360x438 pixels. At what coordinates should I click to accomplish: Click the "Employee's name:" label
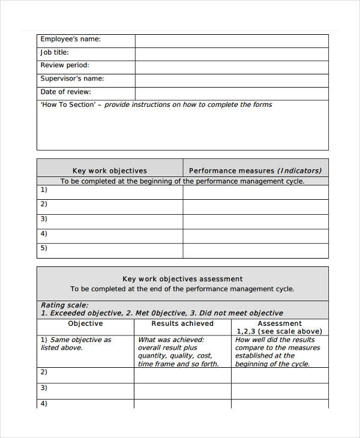tap(70, 40)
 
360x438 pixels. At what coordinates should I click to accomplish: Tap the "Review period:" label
tap(65, 65)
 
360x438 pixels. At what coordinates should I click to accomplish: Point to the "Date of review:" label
tap(65, 92)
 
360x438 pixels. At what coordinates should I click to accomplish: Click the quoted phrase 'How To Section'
tap(68, 105)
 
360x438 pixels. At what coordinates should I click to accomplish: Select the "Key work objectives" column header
tap(109, 170)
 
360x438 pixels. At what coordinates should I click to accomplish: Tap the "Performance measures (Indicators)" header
tap(256, 170)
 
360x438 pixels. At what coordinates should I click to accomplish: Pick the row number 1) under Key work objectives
tap(44, 190)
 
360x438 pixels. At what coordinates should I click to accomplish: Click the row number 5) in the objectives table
tap(44, 248)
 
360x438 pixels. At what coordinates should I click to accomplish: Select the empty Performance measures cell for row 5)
tap(256, 251)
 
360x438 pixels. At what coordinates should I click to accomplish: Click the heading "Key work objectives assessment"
tap(182, 279)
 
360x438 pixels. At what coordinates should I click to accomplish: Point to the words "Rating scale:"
tap(64, 305)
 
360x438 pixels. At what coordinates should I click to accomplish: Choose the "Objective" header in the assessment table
tap(85, 323)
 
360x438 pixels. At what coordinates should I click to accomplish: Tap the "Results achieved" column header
tap(182, 323)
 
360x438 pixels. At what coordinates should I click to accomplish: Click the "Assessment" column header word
tap(280, 323)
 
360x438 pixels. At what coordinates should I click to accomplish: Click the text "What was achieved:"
tap(171, 340)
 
